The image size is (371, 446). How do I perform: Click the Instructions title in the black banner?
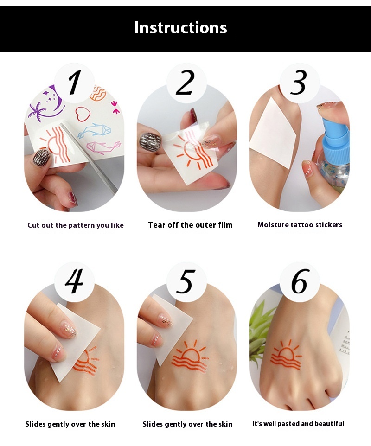(181, 28)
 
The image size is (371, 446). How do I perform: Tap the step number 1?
(74, 83)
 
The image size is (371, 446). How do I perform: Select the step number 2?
(185, 83)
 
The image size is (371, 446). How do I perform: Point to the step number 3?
(299, 83)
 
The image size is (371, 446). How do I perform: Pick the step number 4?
(74, 281)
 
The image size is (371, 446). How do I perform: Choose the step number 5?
(185, 281)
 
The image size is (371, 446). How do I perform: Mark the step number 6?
(299, 281)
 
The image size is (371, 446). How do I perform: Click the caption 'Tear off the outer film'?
(190, 225)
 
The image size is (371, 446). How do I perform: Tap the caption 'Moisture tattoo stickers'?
(300, 225)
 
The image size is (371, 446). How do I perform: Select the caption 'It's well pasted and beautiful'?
(298, 424)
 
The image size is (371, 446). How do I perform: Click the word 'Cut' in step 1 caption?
(33, 225)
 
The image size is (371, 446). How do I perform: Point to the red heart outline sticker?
(83, 114)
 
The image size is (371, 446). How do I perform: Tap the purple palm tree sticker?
(37, 111)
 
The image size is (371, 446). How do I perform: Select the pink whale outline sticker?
(103, 147)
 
